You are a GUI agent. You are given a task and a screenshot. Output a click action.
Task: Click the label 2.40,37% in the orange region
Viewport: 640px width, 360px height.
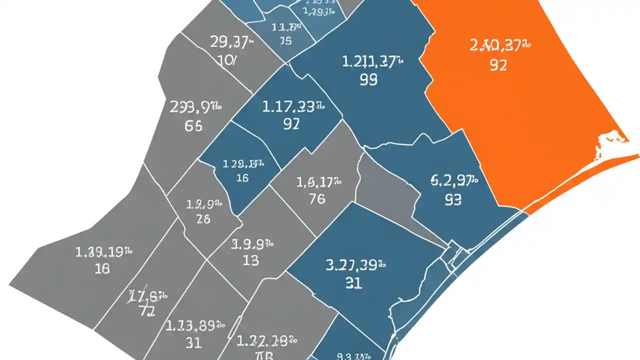tap(499, 46)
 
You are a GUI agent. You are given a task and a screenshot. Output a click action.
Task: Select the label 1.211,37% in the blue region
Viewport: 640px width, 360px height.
tap(372, 62)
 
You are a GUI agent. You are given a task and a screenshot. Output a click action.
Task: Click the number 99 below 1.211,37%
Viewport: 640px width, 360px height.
tap(368, 79)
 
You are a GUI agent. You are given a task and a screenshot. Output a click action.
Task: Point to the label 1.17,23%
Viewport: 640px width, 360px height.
tap(293, 106)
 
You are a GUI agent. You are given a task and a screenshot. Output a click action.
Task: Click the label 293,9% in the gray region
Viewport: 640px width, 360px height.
tap(195, 106)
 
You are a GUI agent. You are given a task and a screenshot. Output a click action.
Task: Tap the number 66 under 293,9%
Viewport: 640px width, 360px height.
tap(193, 126)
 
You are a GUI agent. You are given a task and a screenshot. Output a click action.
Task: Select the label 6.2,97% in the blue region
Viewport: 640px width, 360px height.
tap(454, 180)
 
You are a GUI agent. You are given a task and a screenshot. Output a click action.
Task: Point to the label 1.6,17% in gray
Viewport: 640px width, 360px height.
tap(318, 181)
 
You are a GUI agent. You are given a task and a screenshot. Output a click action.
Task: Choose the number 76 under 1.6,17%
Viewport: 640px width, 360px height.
tap(317, 198)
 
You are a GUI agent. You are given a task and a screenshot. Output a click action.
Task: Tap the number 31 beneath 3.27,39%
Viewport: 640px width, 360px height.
tap(353, 283)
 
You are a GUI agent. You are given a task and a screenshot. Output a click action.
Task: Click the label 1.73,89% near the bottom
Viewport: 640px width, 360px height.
tap(194, 325)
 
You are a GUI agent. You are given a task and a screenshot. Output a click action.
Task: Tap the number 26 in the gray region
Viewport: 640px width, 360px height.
tap(203, 219)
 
